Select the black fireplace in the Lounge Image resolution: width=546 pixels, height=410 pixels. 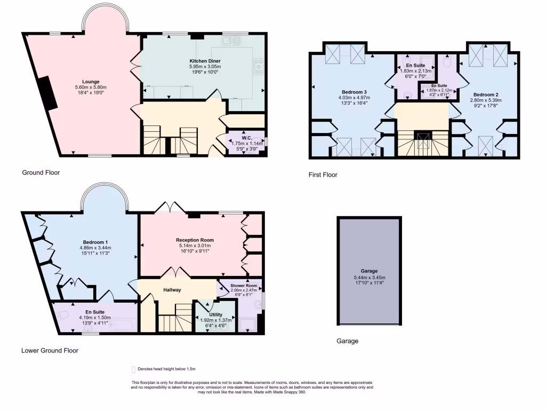point(47,92)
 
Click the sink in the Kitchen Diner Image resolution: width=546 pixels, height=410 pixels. point(231,40)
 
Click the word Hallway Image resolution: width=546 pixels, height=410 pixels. point(172,290)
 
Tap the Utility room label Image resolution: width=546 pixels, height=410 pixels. point(216,314)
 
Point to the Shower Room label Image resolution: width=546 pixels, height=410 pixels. point(244,286)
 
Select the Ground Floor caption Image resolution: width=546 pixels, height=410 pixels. point(41,172)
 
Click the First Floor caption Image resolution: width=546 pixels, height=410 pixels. point(323,175)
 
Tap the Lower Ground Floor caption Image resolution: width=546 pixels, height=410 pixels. point(50,351)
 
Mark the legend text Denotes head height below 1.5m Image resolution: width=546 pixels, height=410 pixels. point(166,369)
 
